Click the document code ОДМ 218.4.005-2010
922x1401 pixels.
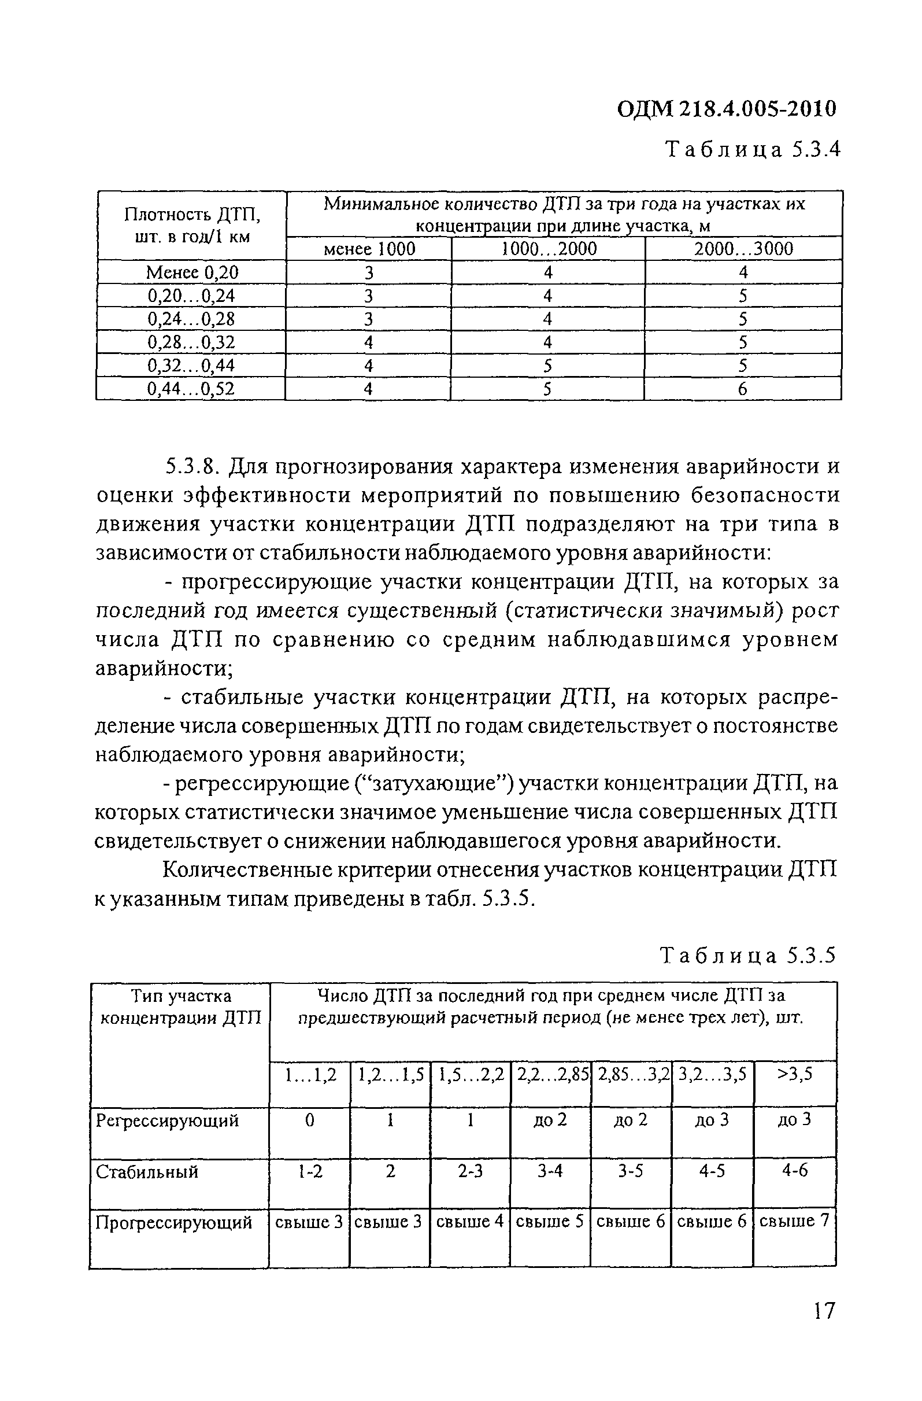[726, 109]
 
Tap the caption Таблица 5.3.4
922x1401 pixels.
[751, 150]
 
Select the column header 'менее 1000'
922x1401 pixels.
[369, 249]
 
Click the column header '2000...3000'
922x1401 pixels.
[743, 249]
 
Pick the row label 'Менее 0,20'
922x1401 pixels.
[192, 272]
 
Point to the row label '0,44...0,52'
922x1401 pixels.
[191, 389]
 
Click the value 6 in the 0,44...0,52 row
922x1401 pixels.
[743, 389]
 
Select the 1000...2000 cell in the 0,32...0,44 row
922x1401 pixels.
[547, 366]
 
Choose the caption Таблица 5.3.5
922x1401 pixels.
[748, 954]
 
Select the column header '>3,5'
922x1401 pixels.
[795, 1074]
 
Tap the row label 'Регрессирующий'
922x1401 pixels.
[168, 1120]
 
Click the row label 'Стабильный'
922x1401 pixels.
[147, 1172]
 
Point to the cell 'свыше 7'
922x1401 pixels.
[794, 1222]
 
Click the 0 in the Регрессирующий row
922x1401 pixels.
[309, 1120]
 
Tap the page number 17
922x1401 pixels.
[824, 1328]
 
